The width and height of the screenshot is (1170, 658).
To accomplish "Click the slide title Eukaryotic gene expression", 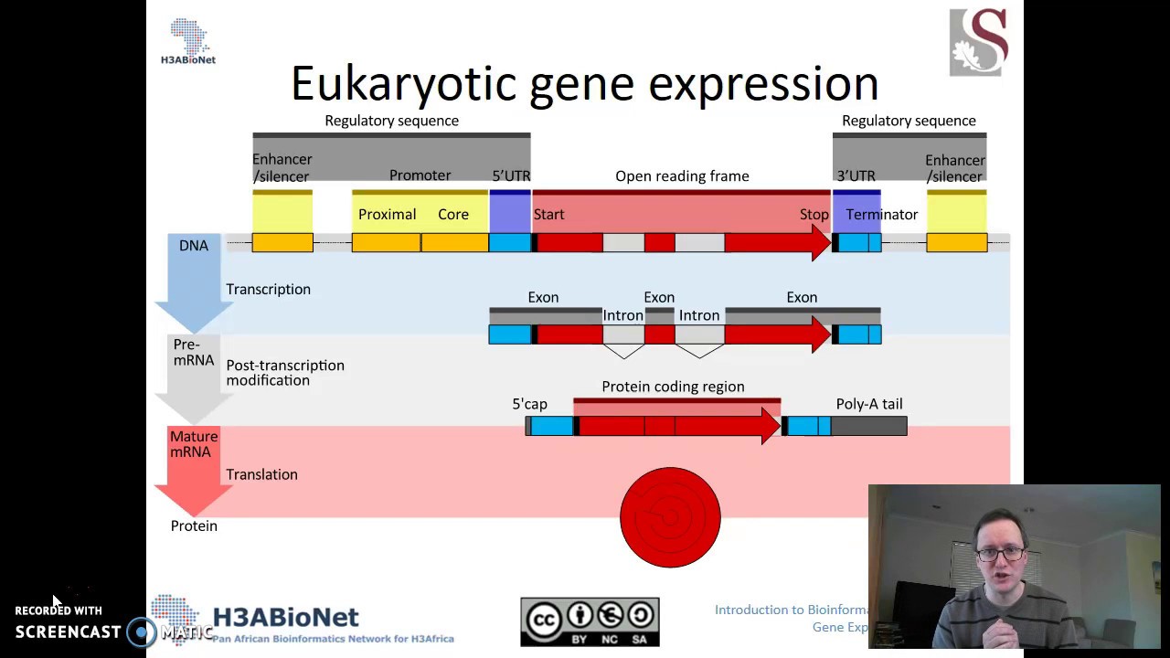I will coord(585,84).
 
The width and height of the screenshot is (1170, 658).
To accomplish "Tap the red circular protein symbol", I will coord(670,517).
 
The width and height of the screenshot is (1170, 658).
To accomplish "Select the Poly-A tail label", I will coord(868,404).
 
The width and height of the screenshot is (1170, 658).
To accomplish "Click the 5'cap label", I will coord(529,404).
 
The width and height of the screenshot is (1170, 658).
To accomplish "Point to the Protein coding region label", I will coord(673,387).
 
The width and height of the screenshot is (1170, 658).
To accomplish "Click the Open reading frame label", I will coord(682,176).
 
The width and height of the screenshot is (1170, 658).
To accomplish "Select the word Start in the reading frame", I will coord(548,215).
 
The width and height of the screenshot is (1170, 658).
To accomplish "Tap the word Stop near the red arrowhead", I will coord(814,215).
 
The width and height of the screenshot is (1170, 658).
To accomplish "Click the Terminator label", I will coord(881,215).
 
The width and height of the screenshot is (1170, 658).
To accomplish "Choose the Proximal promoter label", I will coord(387,215).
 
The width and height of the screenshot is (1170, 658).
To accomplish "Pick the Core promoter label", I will coord(452,215).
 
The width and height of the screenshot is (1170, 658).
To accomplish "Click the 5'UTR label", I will coord(511,176).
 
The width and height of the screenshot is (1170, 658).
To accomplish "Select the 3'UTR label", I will coord(856,176).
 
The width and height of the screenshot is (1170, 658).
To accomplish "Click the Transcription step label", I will coord(268,290).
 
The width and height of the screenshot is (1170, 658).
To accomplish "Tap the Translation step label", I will coord(261,474).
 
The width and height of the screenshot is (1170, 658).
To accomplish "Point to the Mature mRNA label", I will coord(193,444).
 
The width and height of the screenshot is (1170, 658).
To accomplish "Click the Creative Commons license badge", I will coord(590,621).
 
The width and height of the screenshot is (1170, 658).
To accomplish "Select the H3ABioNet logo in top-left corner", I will coord(188,42).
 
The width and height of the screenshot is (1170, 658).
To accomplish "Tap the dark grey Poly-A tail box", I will coord(868,426).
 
